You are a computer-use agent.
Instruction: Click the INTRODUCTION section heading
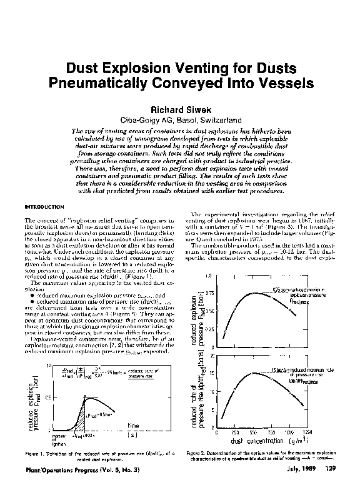coord(45,206)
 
